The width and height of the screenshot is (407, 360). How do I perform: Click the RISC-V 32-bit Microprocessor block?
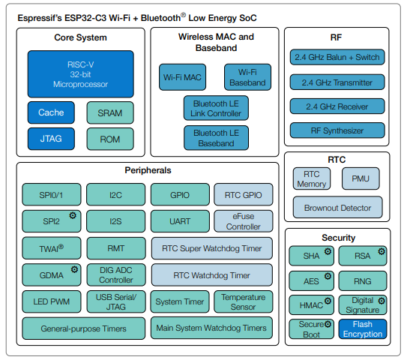click(81, 74)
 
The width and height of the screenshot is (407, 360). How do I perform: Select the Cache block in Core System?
click(51, 112)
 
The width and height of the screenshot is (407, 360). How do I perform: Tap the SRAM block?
click(110, 113)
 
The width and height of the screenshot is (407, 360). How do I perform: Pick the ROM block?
click(110, 139)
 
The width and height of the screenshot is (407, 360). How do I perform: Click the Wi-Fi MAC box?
click(182, 77)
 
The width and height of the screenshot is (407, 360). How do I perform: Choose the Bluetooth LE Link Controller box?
click(216, 108)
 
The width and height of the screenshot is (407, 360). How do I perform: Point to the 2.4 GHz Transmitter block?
click(337, 82)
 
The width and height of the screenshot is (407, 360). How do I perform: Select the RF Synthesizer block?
click(337, 130)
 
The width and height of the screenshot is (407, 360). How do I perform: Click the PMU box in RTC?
click(361, 178)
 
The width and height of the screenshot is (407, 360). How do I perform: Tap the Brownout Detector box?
click(338, 208)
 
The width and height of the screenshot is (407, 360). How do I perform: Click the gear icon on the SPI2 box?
click(73, 215)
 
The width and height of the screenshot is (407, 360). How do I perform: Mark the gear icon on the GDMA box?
click(74, 269)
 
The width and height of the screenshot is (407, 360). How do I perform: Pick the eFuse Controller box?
click(244, 221)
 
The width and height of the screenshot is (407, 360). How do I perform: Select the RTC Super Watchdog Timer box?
click(212, 248)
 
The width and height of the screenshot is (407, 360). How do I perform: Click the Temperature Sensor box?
click(244, 301)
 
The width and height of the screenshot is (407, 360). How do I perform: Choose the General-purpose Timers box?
click(84, 328)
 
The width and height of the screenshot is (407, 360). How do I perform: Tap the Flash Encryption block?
click(363, 329)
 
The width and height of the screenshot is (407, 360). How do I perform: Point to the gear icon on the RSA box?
click(382, 251)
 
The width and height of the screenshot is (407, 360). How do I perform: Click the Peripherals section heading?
click(148, 170)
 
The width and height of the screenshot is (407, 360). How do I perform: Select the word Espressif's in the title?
click(40, 18)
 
